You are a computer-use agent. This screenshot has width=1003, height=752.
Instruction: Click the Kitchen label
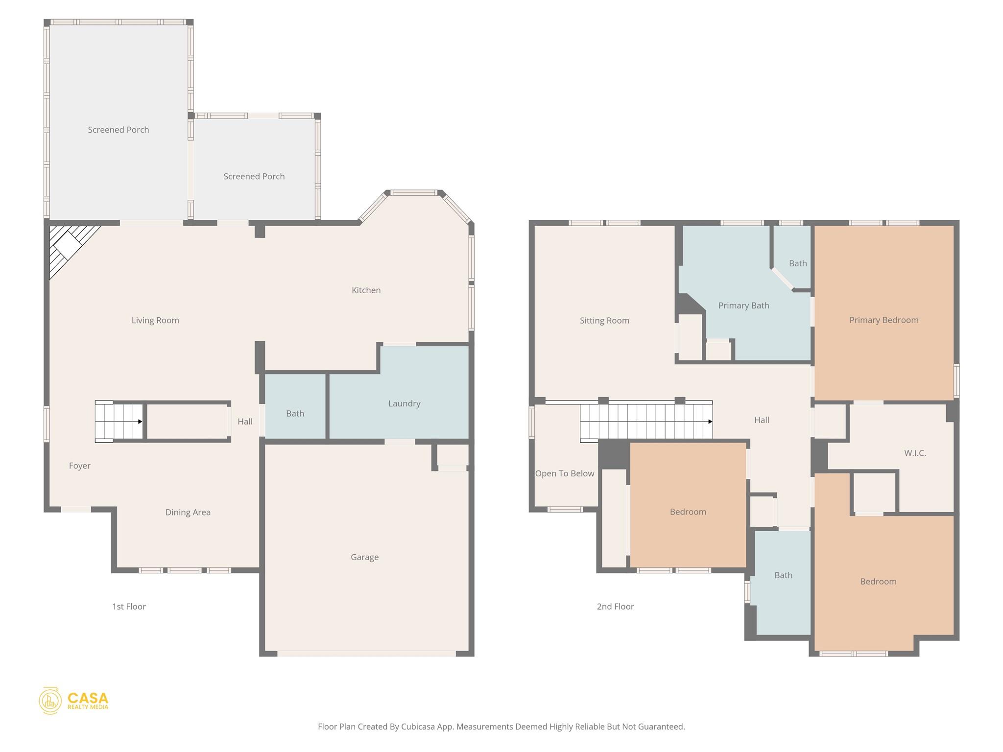(x=366, y=290)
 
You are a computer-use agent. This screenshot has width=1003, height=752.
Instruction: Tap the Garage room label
(x=364, y=557)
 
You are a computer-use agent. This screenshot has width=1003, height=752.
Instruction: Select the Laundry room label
(x=404, y=403)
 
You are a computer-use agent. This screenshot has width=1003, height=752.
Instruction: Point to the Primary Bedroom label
(x=884, y=320)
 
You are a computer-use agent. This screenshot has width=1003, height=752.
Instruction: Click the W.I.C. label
(x=914, y=453)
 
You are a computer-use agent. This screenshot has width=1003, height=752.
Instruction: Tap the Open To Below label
(x=564, y=473)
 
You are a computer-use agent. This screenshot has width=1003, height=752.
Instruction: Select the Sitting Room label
(x=604, y=321)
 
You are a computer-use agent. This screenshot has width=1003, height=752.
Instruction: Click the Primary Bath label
(x=743, y=305)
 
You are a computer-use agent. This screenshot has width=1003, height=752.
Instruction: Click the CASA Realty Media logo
(x=73, y=701)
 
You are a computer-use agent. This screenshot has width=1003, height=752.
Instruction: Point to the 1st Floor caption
(x=129, y=607)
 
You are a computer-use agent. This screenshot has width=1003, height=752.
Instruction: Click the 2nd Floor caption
(x=615, y=607)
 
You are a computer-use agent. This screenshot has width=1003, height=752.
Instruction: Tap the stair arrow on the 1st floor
(x=140, y=422)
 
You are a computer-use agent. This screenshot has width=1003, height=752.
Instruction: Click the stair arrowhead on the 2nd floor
(x=710, y=422)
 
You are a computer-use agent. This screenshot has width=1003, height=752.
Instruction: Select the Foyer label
(x=79, y=466)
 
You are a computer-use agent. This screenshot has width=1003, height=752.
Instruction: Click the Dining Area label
(x=188, y=513)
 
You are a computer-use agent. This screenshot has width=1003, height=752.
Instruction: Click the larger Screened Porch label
(x=118, y=130)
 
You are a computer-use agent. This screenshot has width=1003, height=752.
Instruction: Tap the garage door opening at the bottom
(x=366, y=654)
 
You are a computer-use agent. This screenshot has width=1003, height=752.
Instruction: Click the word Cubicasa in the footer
(x=418, y=727)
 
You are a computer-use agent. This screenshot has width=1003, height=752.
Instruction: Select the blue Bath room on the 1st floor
(x=295, y=414)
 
